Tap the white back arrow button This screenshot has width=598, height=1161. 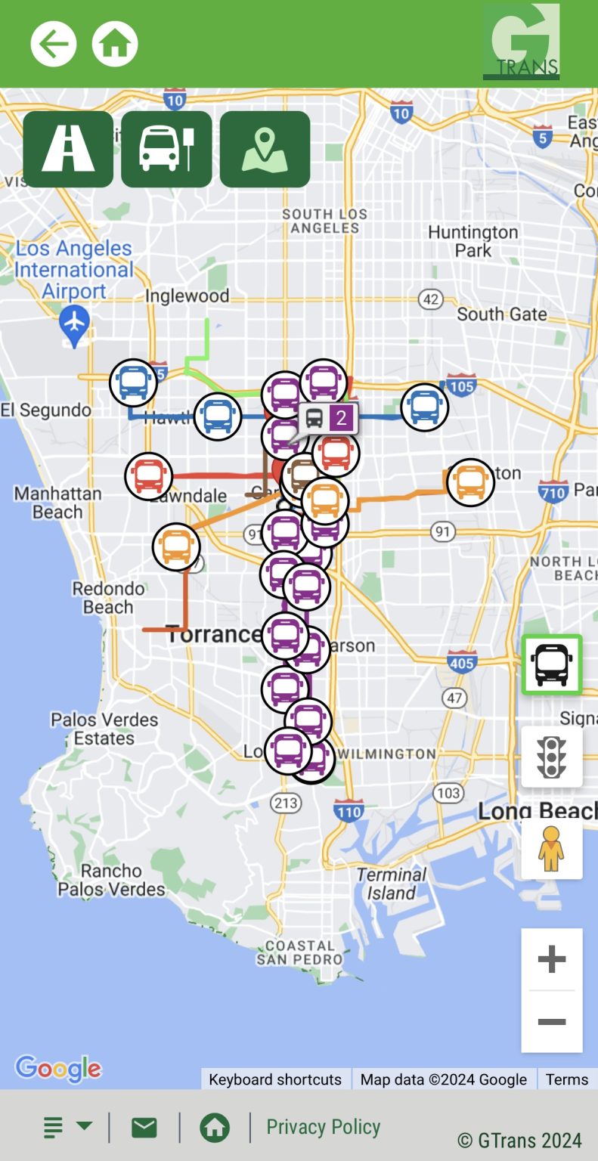point(54,44)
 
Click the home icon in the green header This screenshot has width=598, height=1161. point(115,44)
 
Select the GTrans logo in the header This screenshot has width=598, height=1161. point(521,42)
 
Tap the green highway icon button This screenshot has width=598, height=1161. point(68,149)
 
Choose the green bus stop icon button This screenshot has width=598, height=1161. point(166,149)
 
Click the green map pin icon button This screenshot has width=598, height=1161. point(265,149)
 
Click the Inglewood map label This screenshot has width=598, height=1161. point(187,296)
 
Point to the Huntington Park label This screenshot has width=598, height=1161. point(473,241)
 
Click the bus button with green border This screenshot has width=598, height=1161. point(552,664)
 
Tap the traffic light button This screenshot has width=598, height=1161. point(552,757)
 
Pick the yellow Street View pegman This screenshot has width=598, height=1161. point(552,848)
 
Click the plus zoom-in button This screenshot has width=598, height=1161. point(552,959)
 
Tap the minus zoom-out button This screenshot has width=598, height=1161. point(552,1022)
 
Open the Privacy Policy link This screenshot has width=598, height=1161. point(323,1127)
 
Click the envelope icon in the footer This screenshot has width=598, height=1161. point(144,1128)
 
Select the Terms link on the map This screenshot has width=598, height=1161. point(567,1079)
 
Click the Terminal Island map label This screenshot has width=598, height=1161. point(391,884)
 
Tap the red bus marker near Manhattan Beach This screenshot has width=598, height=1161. point(149,476)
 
